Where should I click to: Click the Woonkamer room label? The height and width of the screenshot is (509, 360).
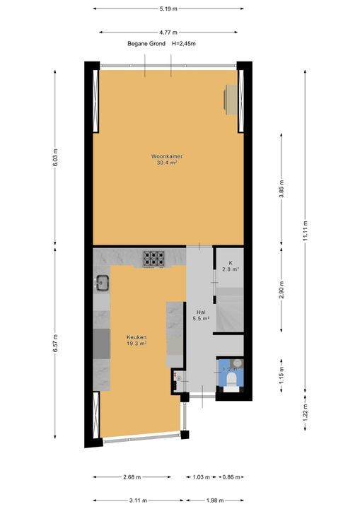168,156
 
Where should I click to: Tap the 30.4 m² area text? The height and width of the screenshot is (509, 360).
168,163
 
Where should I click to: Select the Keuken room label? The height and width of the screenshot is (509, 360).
137,337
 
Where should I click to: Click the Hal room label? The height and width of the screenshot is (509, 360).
200,312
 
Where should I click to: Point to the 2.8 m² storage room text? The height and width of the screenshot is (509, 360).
230,269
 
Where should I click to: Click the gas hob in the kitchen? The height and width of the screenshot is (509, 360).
153,258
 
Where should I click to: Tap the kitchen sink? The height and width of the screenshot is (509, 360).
101,283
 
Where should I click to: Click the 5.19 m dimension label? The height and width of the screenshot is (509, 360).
168,9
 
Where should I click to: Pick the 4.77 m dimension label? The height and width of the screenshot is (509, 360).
168,32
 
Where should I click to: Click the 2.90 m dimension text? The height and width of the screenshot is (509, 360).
281,291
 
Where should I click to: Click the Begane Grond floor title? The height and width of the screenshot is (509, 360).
146,44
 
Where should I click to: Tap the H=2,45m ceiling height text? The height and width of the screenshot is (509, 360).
182,44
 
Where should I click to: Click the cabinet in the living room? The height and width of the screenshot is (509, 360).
232,99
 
